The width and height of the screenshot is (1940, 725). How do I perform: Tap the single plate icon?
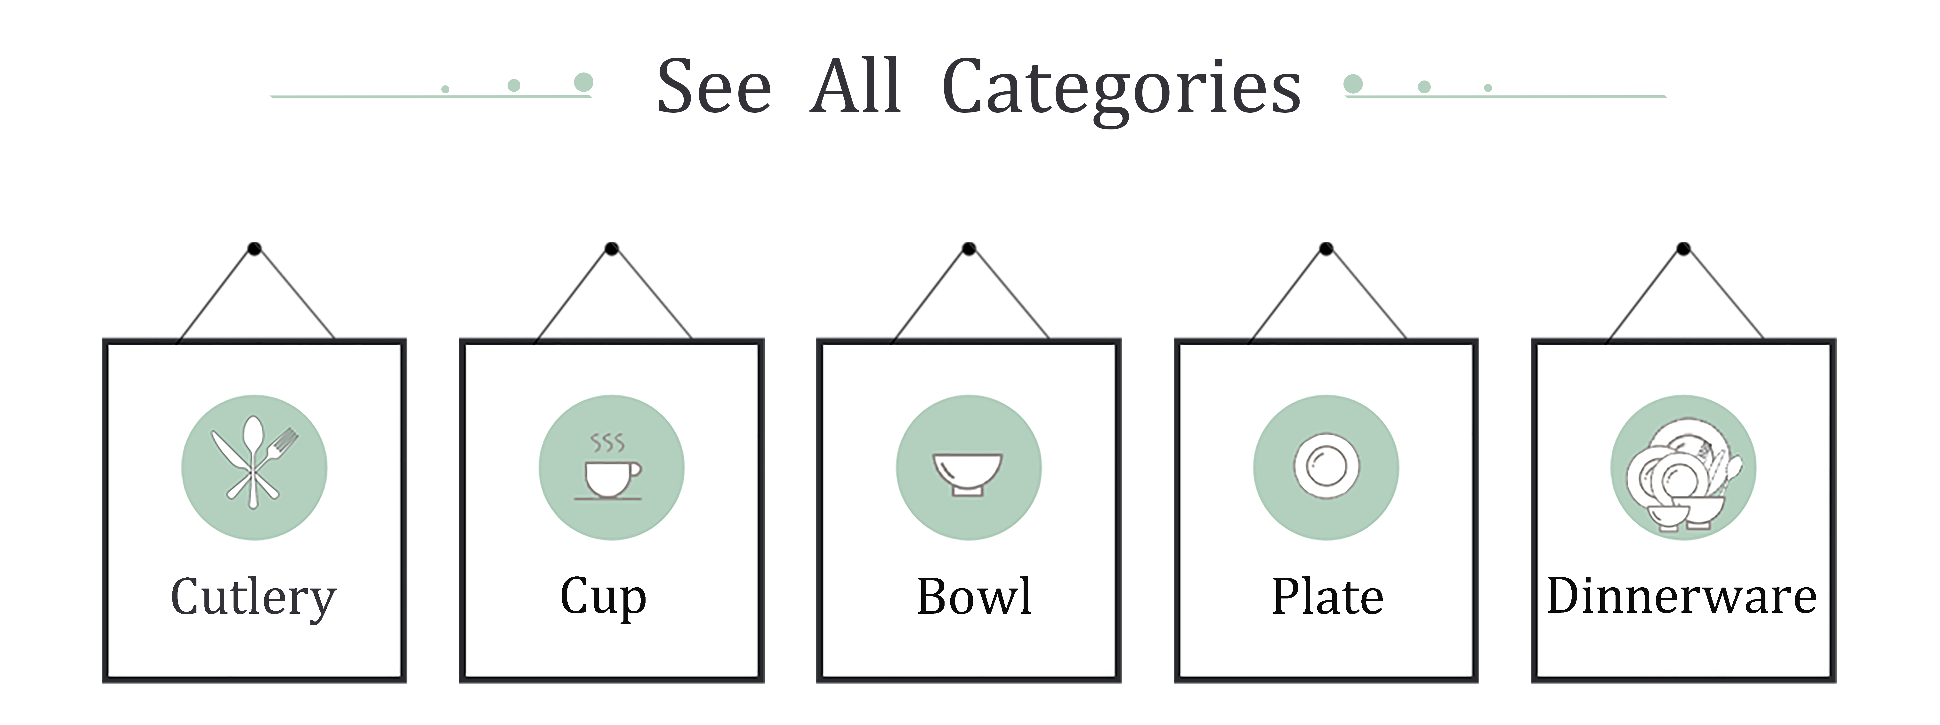(x=1326, y=467)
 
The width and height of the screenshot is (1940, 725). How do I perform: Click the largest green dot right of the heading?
(x=1353, y=84)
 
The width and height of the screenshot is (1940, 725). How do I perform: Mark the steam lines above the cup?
(x=607, y=443)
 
